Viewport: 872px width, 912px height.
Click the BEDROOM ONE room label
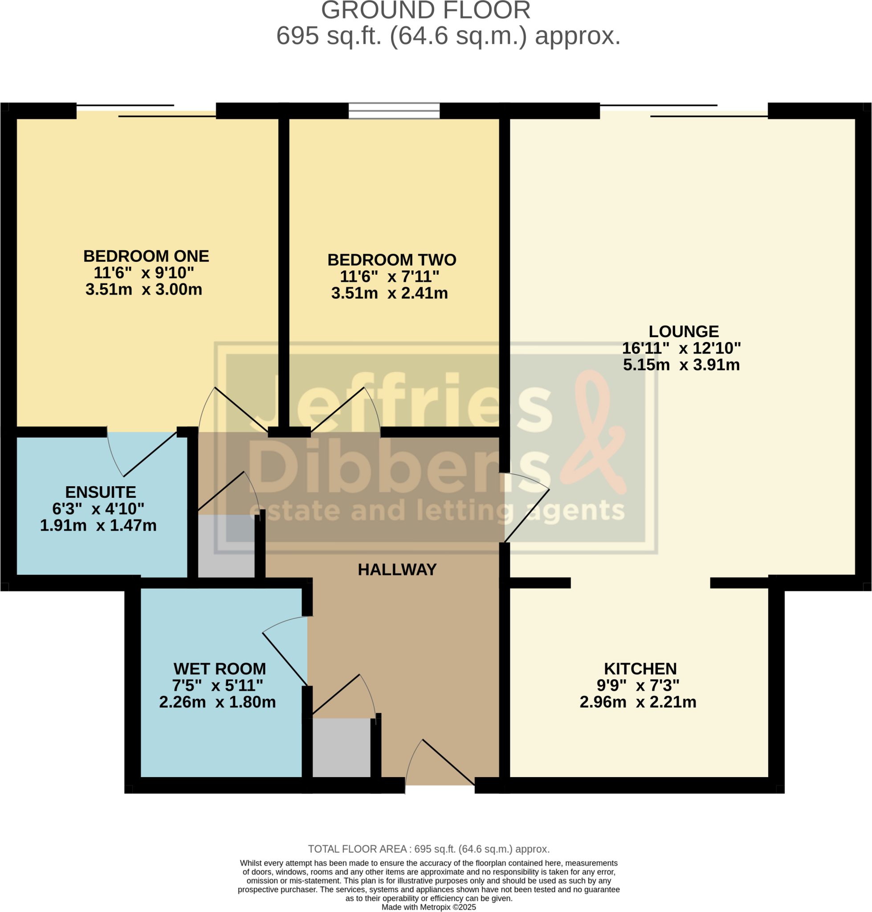[146, 256]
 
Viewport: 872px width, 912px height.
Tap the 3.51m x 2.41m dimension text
[390, 293]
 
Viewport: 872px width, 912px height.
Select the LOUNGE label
[683, 331]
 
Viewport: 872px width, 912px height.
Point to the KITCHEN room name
[640, 669]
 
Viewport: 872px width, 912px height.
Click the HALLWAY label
[397, 570]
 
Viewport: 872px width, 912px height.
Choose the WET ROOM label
[220, 669]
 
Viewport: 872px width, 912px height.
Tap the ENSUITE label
[100, 492]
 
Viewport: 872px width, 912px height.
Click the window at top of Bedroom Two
[394, 110]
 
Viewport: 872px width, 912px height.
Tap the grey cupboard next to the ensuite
[226, 546]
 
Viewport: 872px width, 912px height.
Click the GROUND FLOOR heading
[425, 10]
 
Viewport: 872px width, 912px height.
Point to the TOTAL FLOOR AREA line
[428, 849]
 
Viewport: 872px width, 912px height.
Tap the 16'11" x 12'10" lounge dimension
[681, 348]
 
